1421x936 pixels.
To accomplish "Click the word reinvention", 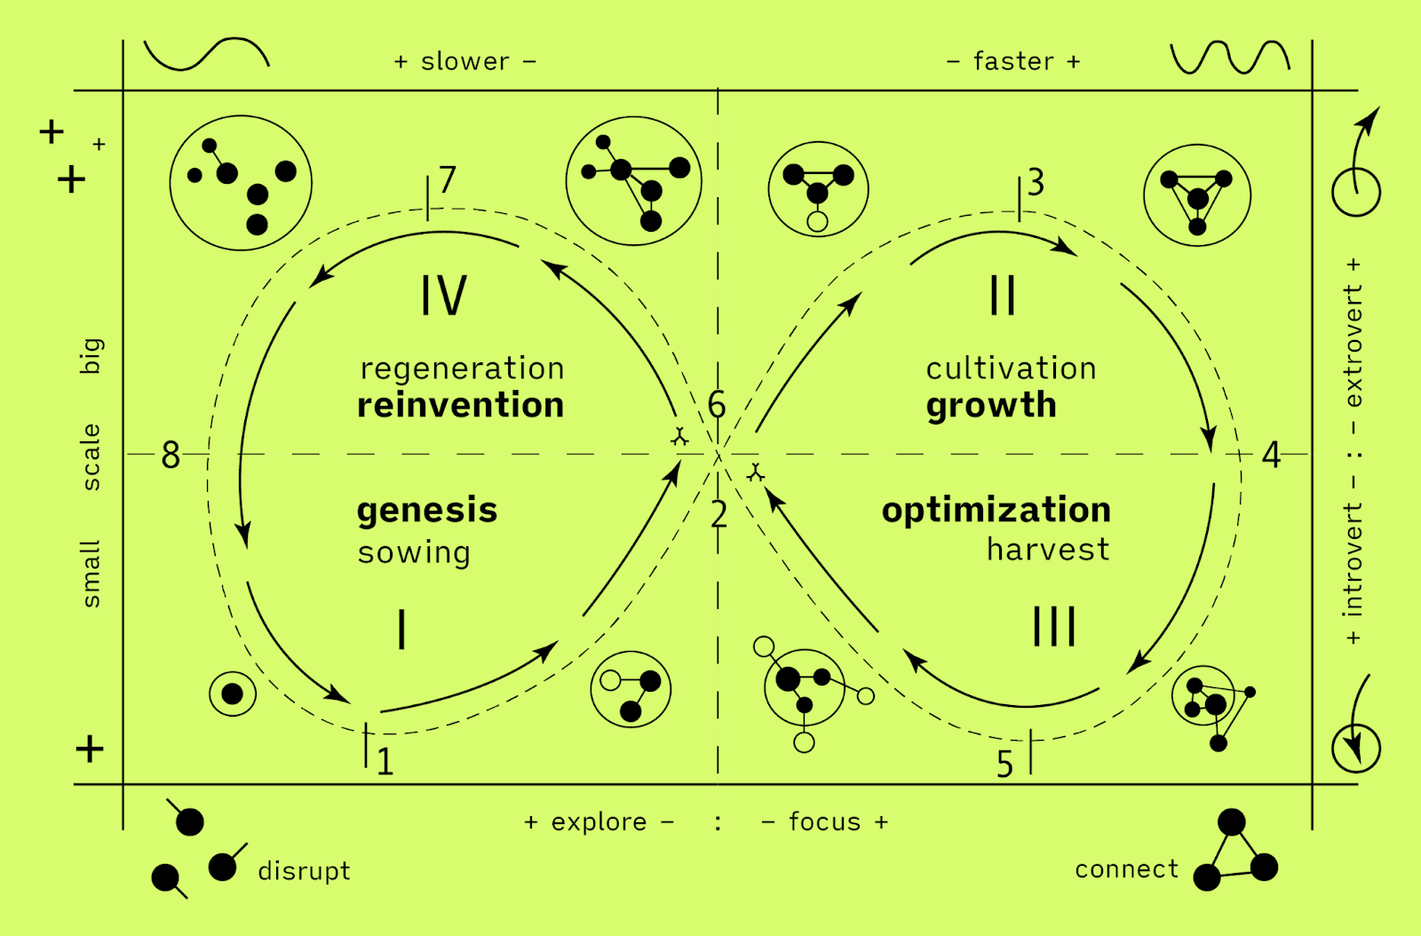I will point(460,405).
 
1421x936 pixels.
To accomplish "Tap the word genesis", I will point(427,511).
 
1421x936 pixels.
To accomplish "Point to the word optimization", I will point(996,510).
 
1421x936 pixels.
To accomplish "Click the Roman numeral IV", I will point(443,296).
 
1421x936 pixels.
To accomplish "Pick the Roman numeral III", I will point(1054,626).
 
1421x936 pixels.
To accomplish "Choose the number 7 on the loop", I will point(448,179).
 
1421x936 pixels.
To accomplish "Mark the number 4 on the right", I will point(1271,456).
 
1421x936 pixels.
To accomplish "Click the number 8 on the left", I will point(171,456).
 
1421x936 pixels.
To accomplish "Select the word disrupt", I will point(304,871).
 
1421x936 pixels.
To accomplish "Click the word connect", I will point(1126,869).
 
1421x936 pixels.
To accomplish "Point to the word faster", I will point(1013,61).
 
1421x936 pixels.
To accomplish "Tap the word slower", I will point(465,61).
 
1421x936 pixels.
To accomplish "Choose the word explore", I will point(599,822).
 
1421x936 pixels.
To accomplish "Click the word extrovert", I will point(1353,346).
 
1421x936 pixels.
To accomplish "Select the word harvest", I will point(1048,550).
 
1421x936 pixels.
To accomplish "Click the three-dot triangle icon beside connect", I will point(1234,851).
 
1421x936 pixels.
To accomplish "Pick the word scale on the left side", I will point(91,456).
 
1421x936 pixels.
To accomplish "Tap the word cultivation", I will point(1011,369).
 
